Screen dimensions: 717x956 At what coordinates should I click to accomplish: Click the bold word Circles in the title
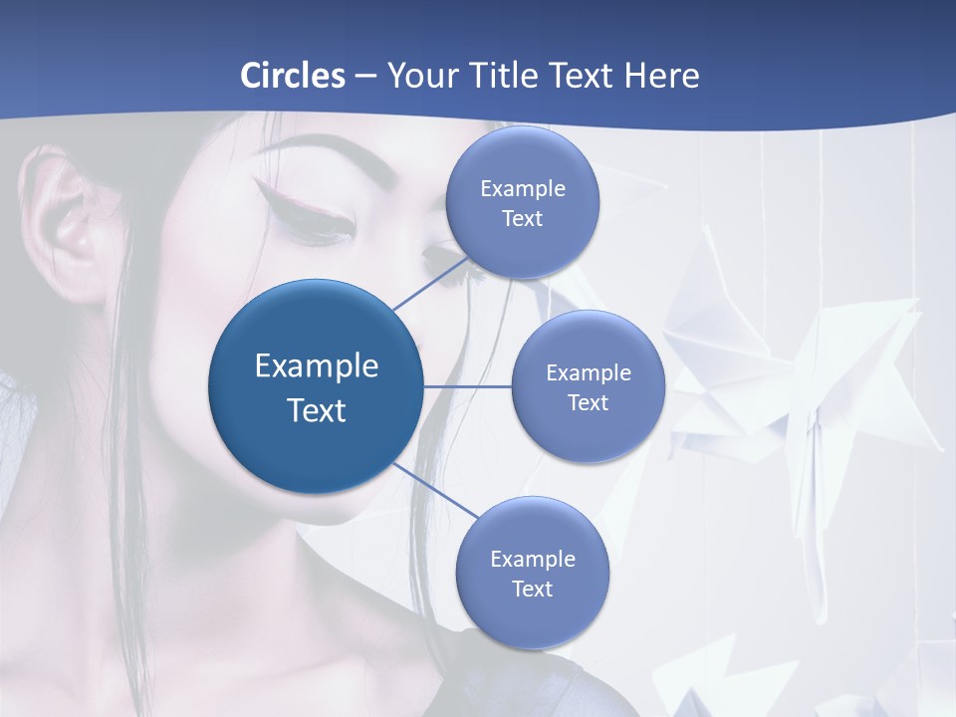tap(293, 76)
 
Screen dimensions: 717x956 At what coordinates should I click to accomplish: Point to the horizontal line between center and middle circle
tap(467, 386)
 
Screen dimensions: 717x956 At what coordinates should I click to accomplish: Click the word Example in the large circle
tap(317, 365)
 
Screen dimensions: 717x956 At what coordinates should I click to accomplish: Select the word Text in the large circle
tap(317, 410)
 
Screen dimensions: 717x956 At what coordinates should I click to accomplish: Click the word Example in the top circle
tap(523, 188)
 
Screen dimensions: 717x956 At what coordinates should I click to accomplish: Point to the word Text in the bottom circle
tap(532, 589)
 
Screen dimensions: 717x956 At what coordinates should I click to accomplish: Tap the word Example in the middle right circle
tap(589, 372)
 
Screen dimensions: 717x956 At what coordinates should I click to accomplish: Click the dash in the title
tap(364, 76)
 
